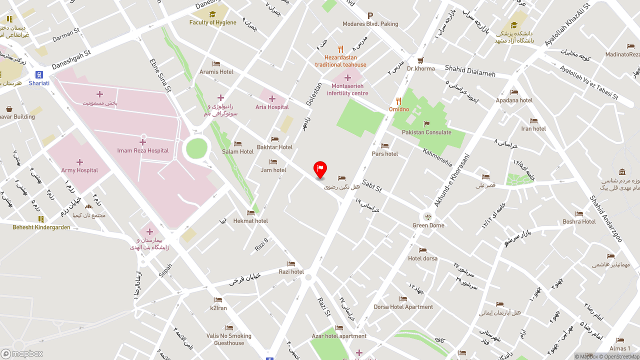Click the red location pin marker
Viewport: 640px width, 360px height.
[x=320, y=169]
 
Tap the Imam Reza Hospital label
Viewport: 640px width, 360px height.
[x=142, y=150]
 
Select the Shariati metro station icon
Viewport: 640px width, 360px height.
[x=39, y=74]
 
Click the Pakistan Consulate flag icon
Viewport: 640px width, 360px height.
[x=426, y=124]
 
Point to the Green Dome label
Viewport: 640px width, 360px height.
[x=428, y=225]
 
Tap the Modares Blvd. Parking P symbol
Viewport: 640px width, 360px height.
[x=370, y=16]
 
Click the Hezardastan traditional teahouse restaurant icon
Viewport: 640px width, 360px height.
[x=340, y=49]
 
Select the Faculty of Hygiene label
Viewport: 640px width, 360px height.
[x=212, y=22]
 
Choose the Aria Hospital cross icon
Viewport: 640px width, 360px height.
[x=272, y=98]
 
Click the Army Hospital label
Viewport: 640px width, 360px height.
[x=79, y=170]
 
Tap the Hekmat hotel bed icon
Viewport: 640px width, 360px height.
[x=250, y=212]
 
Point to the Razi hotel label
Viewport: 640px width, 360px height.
[x=291, y=272]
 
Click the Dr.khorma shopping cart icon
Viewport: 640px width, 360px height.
[x=420, y=60]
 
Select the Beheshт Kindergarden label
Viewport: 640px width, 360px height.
[x=41, y=227]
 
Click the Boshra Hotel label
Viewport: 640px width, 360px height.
[x=579, y=221]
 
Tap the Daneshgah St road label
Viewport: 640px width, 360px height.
[x=71, y=59]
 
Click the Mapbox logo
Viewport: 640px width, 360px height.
[x=22, y=353]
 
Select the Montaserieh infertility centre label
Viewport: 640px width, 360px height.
[x=347, y=90]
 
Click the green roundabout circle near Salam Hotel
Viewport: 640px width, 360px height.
[x=196, y=148]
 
